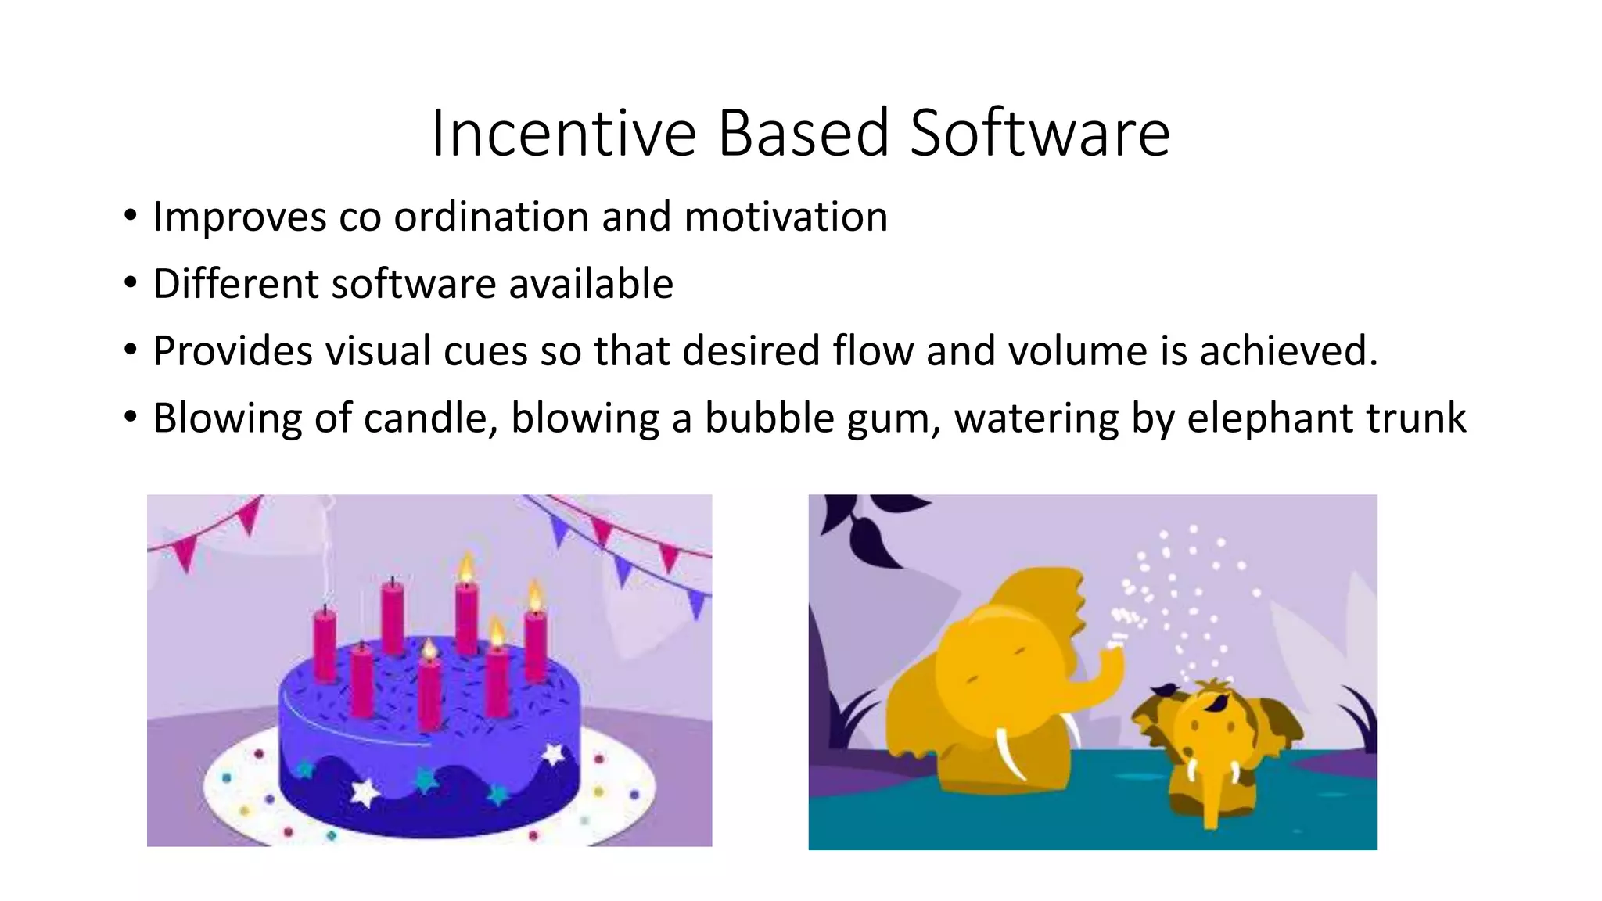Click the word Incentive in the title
(x=563, y=133)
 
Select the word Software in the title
(x=1040, y=133)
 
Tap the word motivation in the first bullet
(x=785, y=217)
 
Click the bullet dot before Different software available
(x=131, y=282)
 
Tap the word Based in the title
(x=803, y=133)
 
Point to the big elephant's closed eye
(x=1017, y=651)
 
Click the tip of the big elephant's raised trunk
(x=1114, y=646)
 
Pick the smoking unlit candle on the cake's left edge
(x=325, y=645)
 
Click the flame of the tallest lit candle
(x=466, y=568)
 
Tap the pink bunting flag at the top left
(x=185, y=552)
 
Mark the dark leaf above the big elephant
(x=872, y=540)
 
